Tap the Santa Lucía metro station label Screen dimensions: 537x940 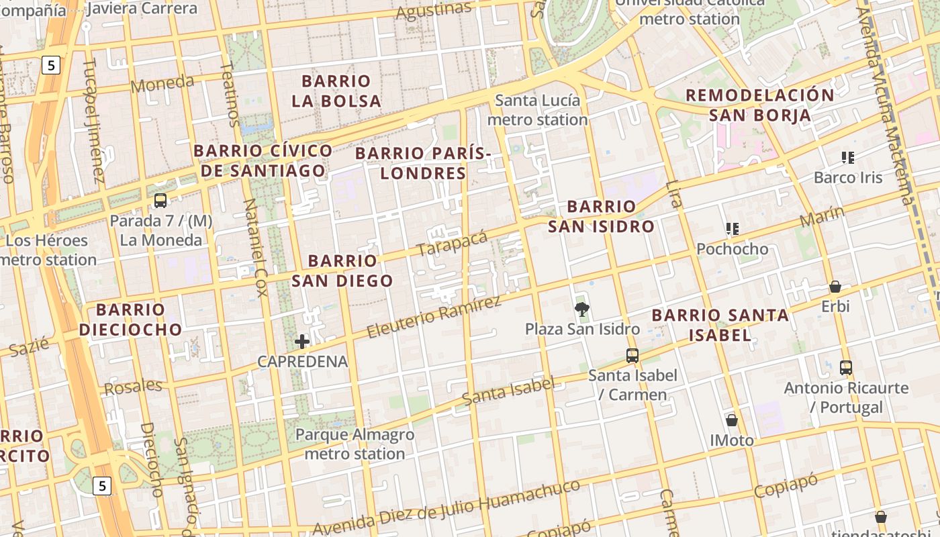[x=537, y=110]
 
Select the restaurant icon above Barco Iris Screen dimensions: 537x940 [x=847, y=158]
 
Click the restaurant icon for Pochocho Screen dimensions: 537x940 [x=733, y=229]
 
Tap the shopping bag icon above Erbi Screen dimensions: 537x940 [x=835, y=287]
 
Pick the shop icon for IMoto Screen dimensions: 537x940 [x=732, y=420]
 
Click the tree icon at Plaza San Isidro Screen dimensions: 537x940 [x=582, y=309]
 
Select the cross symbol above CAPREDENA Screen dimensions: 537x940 [x=302, y=342]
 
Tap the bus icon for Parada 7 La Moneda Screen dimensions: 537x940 [x=160, y=200]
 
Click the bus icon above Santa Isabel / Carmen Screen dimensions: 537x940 [x=632, y=356]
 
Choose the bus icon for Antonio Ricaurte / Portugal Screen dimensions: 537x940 [x=846, y=368]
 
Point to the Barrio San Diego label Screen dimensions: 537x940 [x=342, y=271]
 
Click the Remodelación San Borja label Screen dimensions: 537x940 [x=760, y=105]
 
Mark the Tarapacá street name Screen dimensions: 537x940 [x=452, y=244]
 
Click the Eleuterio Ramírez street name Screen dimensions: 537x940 [x=434, y=317]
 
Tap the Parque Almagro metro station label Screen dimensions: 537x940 [x=355, y=444]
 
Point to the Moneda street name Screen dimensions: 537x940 [x=162, y=84]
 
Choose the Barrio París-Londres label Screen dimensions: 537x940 [x=423, y=163]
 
